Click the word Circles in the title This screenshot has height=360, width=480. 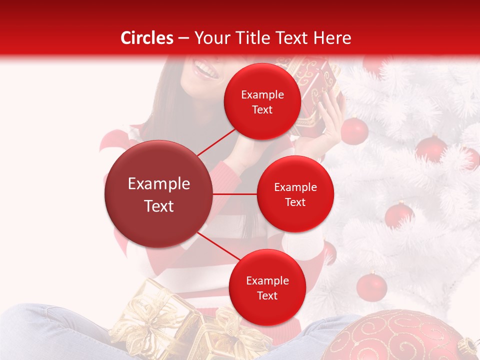pos(147,38)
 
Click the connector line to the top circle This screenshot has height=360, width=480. pos(217,141)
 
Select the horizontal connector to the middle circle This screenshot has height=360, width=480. pos(234,194)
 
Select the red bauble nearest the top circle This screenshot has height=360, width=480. pos(354,131)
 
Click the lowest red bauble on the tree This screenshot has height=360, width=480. pos(371,286)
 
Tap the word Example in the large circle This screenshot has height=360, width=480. pos(158,184)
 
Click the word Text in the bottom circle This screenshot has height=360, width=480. pos(267,295)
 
